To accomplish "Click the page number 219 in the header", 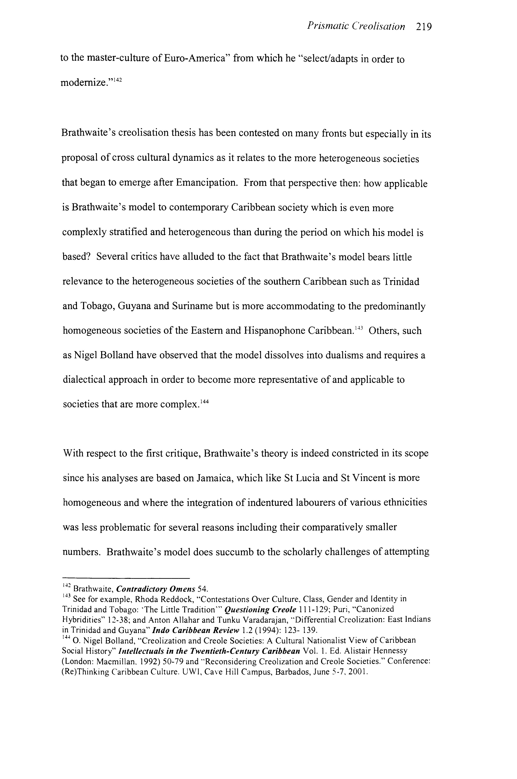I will point(423,27).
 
